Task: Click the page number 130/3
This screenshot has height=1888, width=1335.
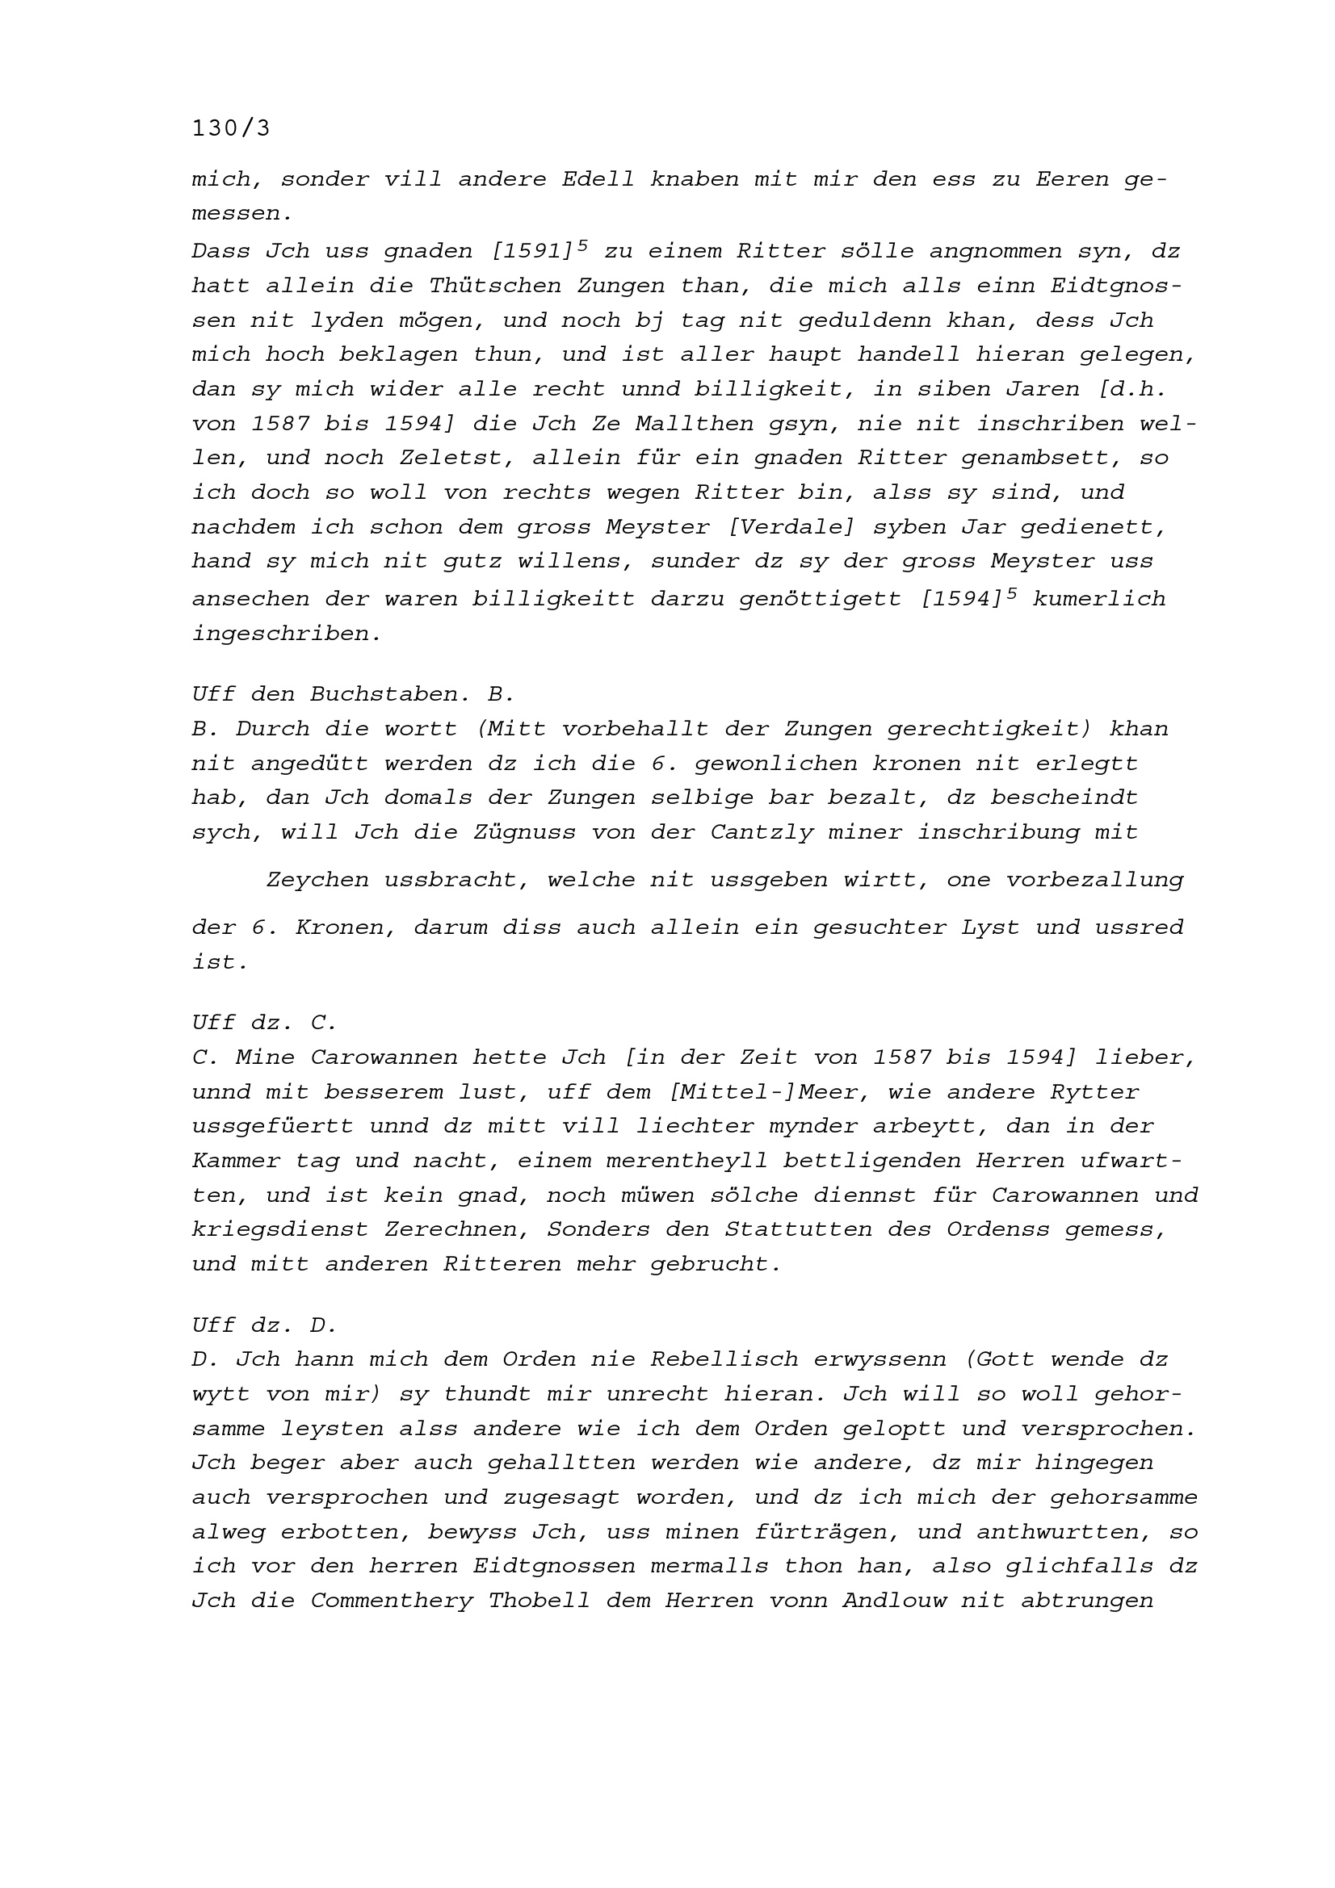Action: pos(230,129)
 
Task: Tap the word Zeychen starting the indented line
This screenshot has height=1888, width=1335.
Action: pos(317,880)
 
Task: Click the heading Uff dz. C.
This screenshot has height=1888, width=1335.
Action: pos(264,1023)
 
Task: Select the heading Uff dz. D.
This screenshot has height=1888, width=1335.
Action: pos(264,1325)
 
